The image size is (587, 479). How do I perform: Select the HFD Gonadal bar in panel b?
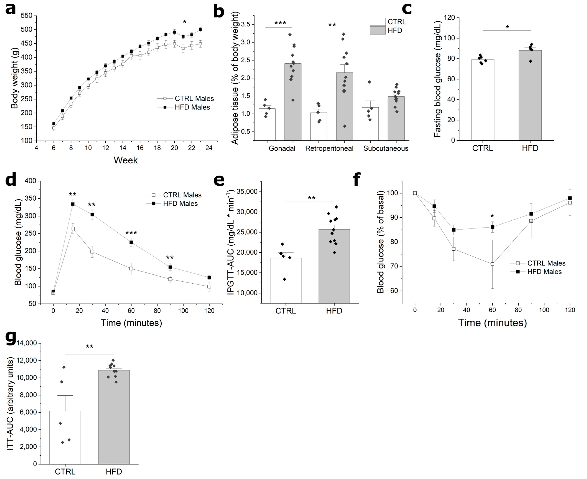coord(293,102)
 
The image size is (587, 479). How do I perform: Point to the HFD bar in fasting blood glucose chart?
coord(530,95)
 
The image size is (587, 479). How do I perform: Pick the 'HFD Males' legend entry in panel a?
coord(192,107)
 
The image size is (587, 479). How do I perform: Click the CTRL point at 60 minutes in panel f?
coord(492,264)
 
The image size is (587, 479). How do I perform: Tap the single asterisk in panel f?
coord(492,216)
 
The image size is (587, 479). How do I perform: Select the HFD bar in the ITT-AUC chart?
coord(114,417)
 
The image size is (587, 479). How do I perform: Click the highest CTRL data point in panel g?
coord(64,367)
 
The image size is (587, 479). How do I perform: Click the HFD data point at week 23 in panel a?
coord(200,30)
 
